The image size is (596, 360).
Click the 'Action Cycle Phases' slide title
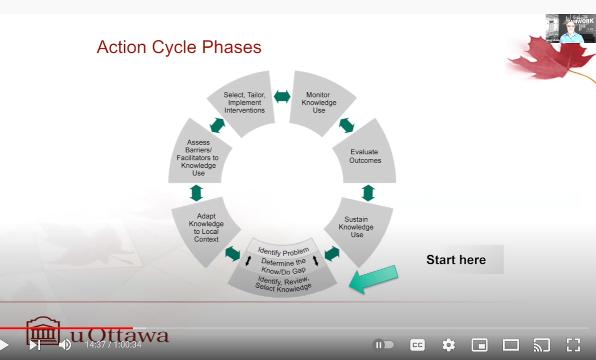179,47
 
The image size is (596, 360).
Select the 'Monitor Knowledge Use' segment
319,102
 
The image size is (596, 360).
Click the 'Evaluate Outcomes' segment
365,156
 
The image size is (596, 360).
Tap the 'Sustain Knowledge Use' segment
356,227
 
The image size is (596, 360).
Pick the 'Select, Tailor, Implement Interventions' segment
244,102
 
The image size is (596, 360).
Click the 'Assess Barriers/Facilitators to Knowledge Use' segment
198,157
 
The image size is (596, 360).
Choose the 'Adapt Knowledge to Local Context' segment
206,228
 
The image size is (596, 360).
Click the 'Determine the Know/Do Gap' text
283,265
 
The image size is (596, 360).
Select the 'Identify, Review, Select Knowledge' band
283,284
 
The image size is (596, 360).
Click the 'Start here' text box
456,260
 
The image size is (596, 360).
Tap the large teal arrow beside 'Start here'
374,279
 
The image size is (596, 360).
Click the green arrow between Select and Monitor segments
282,96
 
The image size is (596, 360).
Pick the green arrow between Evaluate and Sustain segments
368,193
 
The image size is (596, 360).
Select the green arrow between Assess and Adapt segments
196,193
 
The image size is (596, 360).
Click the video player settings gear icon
448,344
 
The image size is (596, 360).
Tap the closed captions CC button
417,344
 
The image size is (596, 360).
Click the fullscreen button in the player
573,344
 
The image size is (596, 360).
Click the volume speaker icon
65,344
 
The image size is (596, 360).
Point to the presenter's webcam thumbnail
571,29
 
